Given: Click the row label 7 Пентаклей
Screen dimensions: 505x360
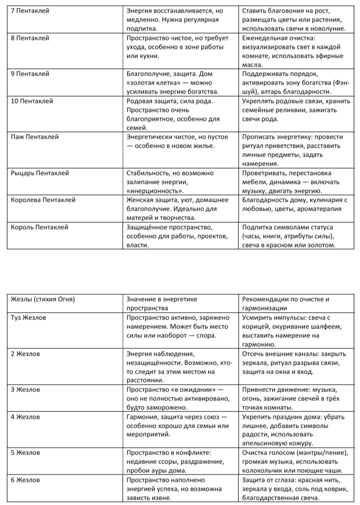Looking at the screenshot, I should click(x=30, y=11).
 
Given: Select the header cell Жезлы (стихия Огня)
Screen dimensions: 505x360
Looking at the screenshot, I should click(x=43, y=300).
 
